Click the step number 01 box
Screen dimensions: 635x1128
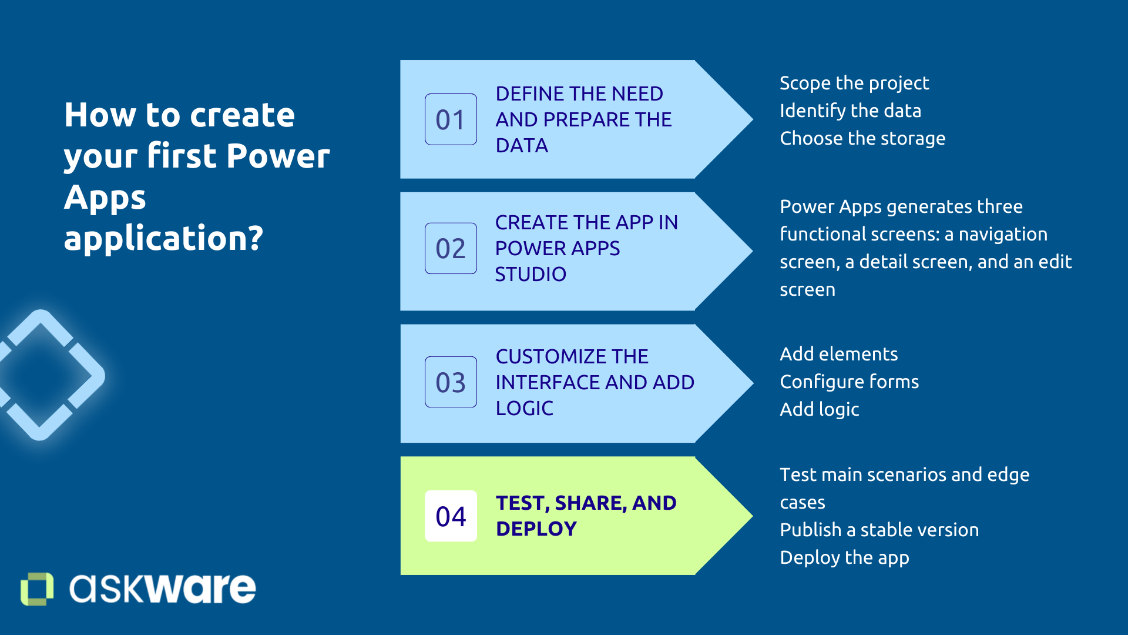pyautogui.click(x=451, y=119)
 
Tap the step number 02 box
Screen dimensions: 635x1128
pyautogui.click(x=451, y=248)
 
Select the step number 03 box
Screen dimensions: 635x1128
pyautogui.click(x=451, y=382)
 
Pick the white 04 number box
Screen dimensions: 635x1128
pyautogui.click(x=451, y=516)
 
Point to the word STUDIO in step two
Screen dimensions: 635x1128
pyautogui.click(x=531, y=274)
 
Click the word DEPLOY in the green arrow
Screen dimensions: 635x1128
pyautogui.click(x=536, y=529)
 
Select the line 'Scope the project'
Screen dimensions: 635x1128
pyautogui.click(x=854, y=83)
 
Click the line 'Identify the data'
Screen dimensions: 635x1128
pyautogui.click(x=850, y=111)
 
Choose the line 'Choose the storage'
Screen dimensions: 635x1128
pyautogui.click(x=862, y=138)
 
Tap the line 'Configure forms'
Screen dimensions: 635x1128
pyautogui.click(x=849, y=382)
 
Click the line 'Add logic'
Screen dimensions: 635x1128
pyautogui.click(x=819, y=409)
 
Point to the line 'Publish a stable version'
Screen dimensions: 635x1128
pyautogui.click(x=879, y=530)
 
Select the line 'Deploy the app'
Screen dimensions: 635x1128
pyautogui.click(x=844, y=557)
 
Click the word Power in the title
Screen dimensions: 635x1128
pyautogui.click(x=278, y=156)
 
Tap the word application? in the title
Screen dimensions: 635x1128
pyautogui.click(x=163, y=238)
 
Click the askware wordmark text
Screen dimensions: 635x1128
pyautogui.click(x=163, y=588)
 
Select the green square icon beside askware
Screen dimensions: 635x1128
pyautogui.click(x=37, y=589)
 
